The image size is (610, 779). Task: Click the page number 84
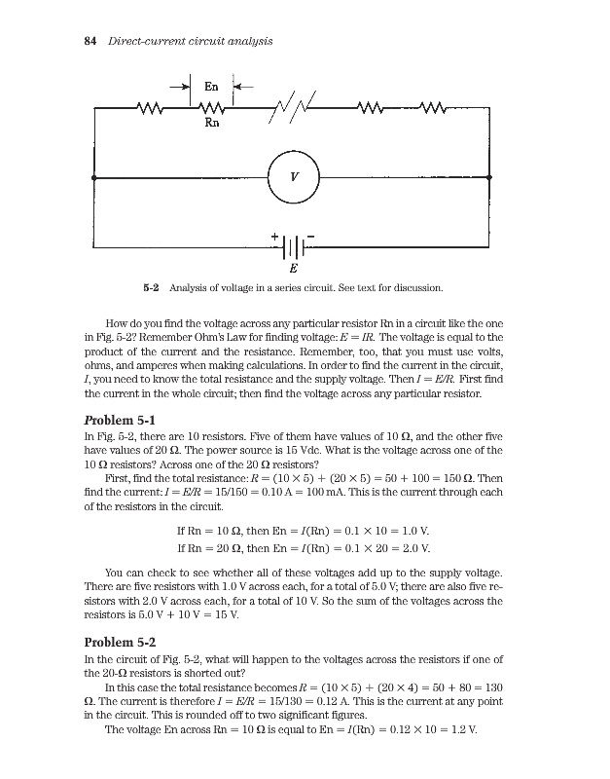click(x=90, y=41)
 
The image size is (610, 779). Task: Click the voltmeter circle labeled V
click(x=293, y=178)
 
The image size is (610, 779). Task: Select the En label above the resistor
click(x=210, y=89)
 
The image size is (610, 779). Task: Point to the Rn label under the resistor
click(x=210, y=124)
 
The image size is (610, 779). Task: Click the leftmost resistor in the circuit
click(x=153, y=107)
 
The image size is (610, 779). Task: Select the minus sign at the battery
click(x=311, y=234)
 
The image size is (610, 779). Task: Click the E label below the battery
click(x=294, y=267)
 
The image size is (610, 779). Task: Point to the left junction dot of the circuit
click(x=94, y=178)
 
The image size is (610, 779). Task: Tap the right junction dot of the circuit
click(x=489, y=178)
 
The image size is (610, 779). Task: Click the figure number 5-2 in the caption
click(x=151, y=288)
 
